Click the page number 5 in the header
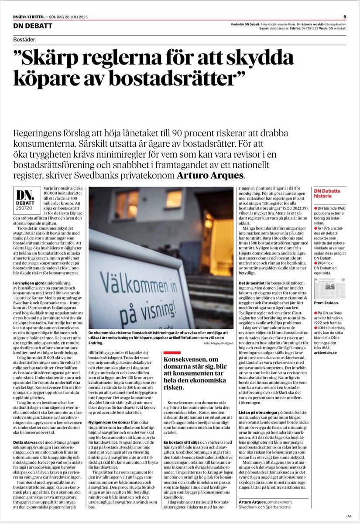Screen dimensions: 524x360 pos(345,17)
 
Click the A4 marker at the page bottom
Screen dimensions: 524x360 pos(350,516)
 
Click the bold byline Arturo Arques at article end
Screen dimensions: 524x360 pos(254,503)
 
